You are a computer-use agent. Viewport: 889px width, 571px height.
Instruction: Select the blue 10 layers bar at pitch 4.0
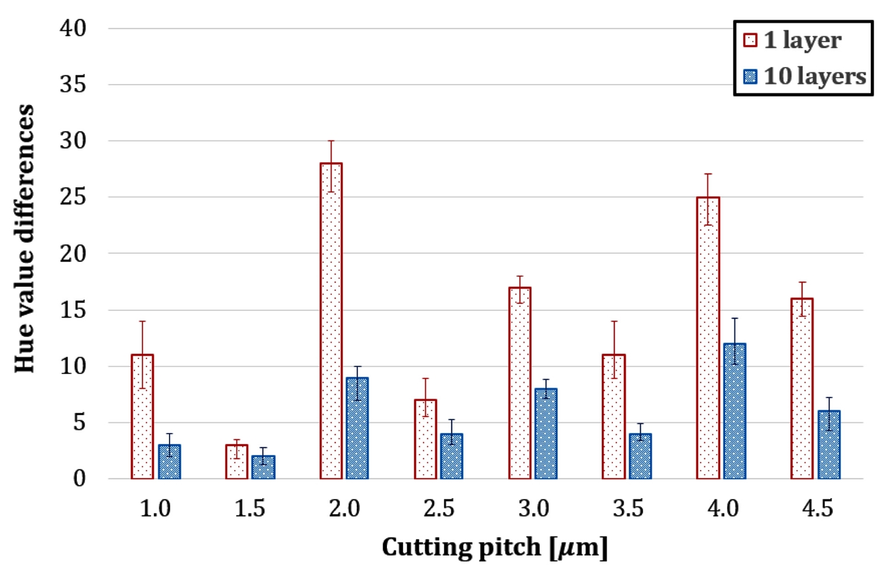tap(734, 411)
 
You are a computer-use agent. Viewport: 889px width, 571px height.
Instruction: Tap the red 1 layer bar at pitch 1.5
tap(236, 462)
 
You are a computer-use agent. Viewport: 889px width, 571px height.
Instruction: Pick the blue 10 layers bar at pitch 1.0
tap(170, 462)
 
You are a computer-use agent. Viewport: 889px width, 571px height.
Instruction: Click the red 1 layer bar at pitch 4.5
tap(802, 389)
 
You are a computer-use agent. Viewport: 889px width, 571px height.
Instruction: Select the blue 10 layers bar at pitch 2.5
tap(452, 456)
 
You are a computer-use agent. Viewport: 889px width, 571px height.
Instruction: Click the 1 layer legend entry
tap(792, 40)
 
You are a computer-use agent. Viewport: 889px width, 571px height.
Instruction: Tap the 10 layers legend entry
tap(804, 76)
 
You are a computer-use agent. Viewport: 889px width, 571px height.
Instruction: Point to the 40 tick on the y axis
tap(73, 28)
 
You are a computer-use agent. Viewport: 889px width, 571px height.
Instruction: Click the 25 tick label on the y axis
tap(73, 197)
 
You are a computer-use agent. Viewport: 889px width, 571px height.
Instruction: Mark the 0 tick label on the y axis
tap(79, 479)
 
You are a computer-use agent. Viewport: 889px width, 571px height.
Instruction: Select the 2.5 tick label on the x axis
tap(439, 509)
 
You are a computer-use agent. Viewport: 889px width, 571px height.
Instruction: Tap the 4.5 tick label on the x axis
tap(817, 509)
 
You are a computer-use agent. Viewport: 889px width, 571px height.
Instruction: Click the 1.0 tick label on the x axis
tap(155, 509)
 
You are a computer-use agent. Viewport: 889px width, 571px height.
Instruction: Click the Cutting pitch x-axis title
tap(494, 547)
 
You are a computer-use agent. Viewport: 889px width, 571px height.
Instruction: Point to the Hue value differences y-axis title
tap(25, 239)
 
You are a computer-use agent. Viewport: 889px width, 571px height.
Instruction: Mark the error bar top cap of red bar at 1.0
tap(142, 322)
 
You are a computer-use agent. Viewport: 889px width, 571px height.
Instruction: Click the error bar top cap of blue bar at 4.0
tap(734, 319)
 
